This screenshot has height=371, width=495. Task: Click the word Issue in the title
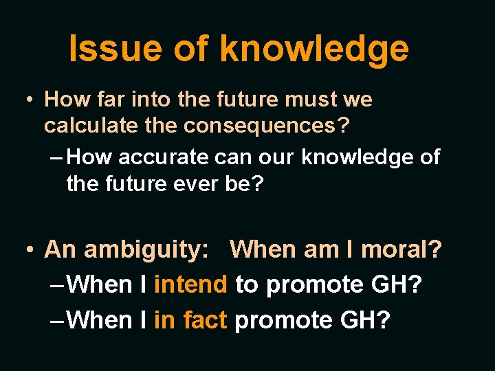[x=114, y=49]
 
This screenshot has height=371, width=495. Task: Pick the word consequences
[x=274, y=126]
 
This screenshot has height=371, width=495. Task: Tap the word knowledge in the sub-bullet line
[x=357, y=157]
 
